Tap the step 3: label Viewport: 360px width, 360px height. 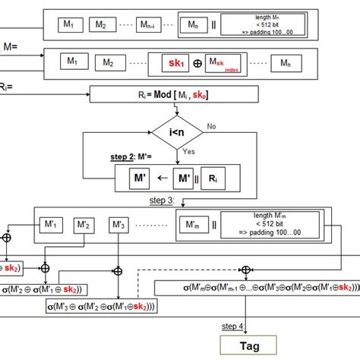pos(161,201)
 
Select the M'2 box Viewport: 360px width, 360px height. pos(85,226)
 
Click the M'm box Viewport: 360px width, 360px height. pos(193,226)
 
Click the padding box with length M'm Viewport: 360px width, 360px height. pos(272,225)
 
